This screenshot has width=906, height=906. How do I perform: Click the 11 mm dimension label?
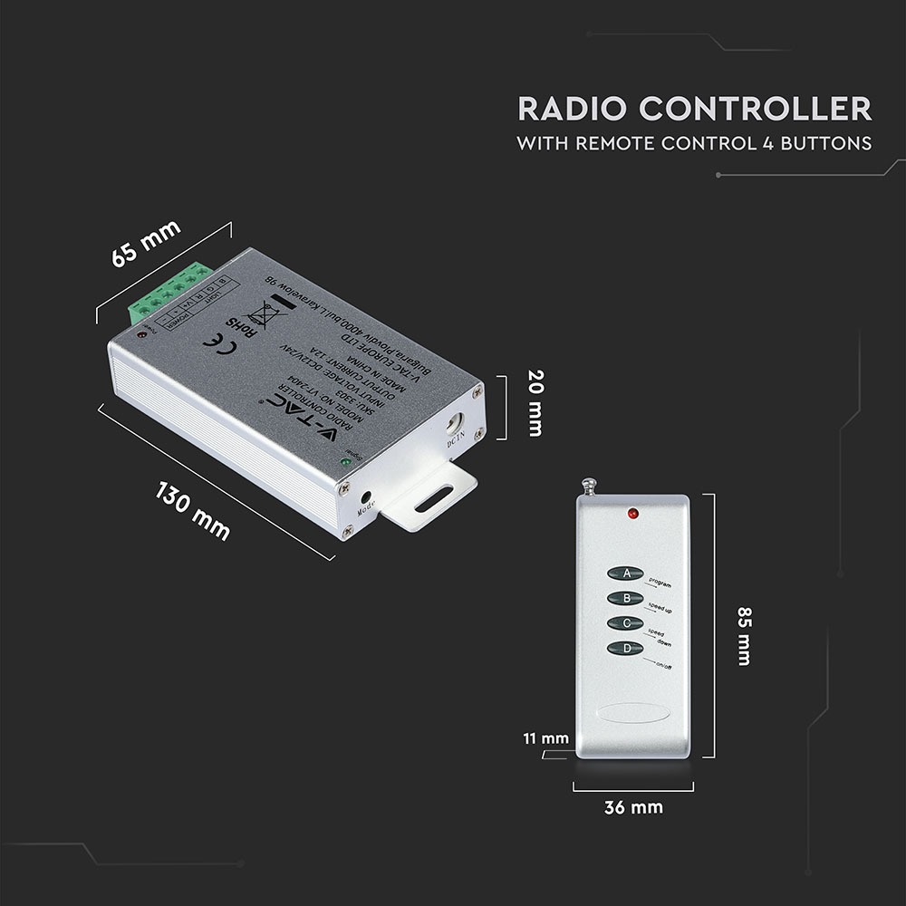[x=546, y=738]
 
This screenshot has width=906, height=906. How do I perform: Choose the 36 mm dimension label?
[x=633, y=807]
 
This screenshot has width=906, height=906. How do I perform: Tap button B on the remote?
[x=625, y=598]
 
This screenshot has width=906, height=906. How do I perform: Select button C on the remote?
[x=625, y=623]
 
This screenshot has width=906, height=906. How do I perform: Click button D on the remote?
[x=625, y=649]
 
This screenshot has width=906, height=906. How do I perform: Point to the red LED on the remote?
[x=631, y=515]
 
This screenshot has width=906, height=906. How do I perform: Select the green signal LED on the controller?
[x=345, y=463]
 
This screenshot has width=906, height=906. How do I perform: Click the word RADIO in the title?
[x=572, y=110]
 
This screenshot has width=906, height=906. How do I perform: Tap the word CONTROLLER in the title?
[x=754, y=110]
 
